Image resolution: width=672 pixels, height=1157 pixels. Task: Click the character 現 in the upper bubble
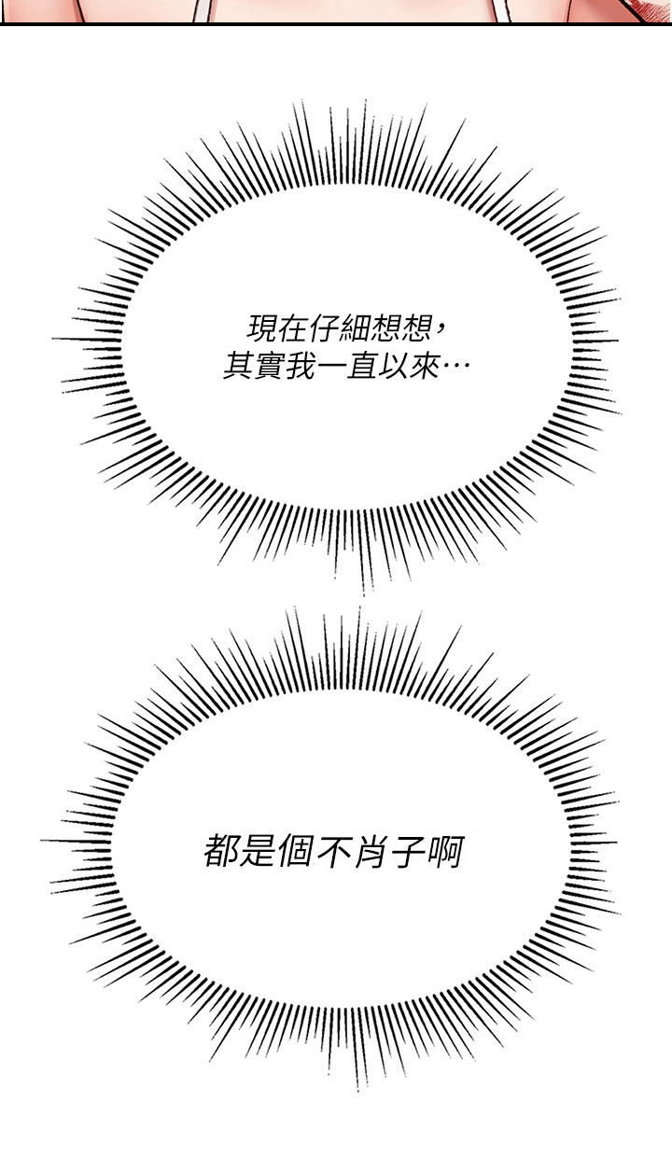coord(262,328)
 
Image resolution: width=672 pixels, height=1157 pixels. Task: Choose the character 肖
coord(370,852)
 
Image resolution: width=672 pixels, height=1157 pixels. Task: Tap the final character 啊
coord(444,852)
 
